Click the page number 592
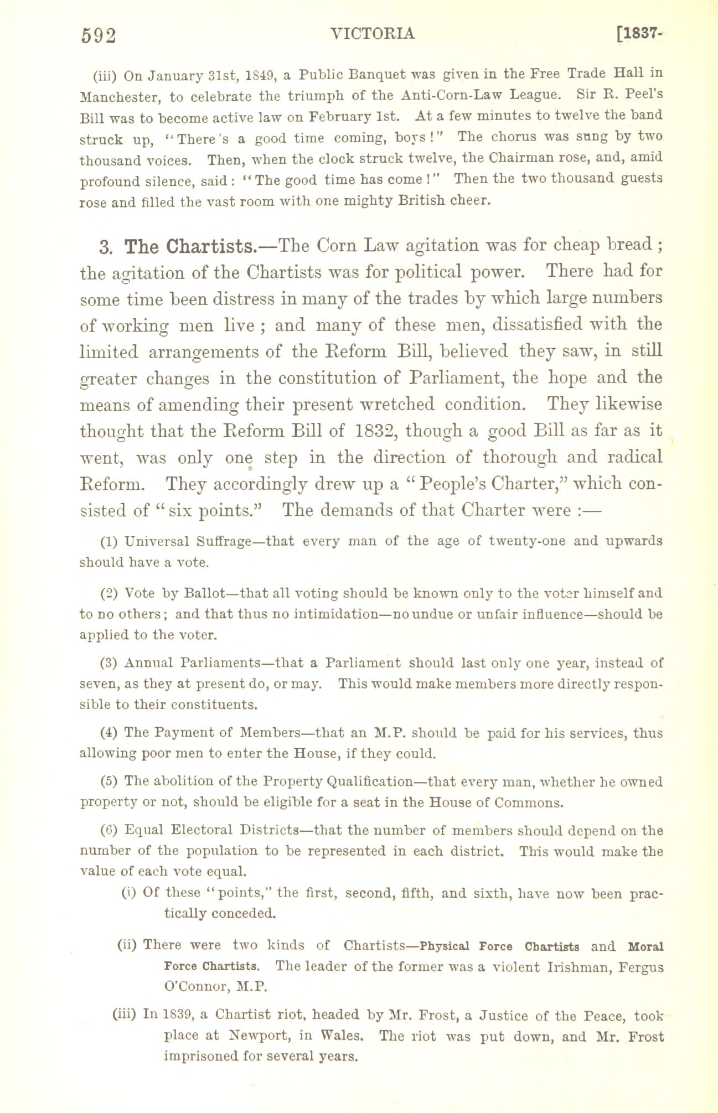pos(99,35)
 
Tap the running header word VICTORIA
pos(372,34)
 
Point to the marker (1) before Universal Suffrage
pos(109,541)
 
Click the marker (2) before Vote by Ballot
pos(109,593)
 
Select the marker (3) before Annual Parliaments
pos(109,663)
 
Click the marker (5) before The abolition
pos(109,781)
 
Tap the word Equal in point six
pos(144,830)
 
